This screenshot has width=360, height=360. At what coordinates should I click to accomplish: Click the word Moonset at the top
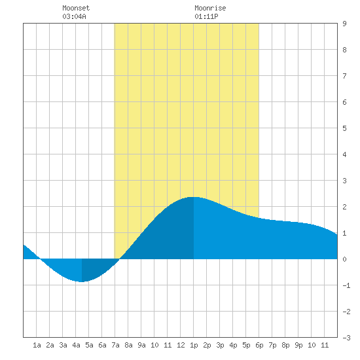pyautogui.click(x=76, y=8)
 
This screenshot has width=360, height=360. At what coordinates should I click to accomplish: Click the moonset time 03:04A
pyautogui.click(x=74, y=16)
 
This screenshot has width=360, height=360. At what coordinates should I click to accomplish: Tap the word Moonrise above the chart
pyautogui.click(x=210, y=8)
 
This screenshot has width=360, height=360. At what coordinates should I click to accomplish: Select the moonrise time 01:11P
pyautogui.click(x=206, y=16)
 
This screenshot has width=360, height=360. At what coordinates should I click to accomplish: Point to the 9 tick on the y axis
pyautogui.click(x=344, y=24)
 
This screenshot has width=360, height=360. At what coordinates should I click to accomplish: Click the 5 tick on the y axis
pyautogui.click(x=344, y=128)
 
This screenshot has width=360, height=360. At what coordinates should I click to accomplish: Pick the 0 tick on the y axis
pyautogui.click(x=344, y=259)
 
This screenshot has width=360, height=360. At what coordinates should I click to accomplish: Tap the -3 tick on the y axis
pyautogui.click(x=346, y=338)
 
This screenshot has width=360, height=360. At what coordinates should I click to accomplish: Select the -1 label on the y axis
pyautogui.click(x=346, y=285)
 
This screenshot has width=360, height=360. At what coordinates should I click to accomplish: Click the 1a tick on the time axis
pyautogui.click(x=37, y=345)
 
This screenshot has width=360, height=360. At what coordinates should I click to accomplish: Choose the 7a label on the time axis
pyautogui.click(x=115, y=345)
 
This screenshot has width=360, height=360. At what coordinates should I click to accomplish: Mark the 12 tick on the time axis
pyautogui.click(x=181, y=345)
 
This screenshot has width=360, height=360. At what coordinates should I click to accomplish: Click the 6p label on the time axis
pyautogui.click(x=259, y=345)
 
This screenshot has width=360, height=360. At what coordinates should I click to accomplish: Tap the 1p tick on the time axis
pyautogui.click(x=194, y=345)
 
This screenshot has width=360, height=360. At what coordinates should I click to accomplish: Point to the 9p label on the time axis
pyautogui.click(x=298, y=345)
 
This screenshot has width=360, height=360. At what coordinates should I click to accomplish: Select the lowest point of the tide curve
pyautogui.click(x=82, y=281)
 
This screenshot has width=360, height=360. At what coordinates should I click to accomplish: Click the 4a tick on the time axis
pyautogui.click(x=76, y=345)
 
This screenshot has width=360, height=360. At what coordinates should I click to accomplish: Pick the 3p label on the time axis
pyautogui.click(x=220, y=345)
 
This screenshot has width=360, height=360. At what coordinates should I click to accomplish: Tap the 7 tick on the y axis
pyautogui.click(x=344, y=76)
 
